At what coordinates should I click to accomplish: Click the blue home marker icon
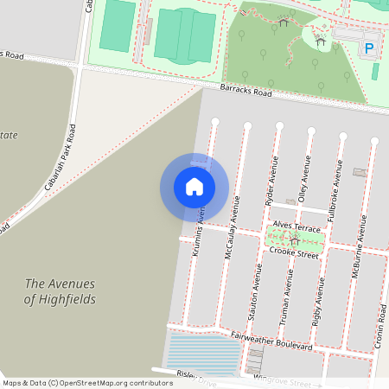pyautogui.click(x=194, y=187)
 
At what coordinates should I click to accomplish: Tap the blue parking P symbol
pyautogui.click(x=370, y=48)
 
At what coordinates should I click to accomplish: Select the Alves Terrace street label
pyautogui.click(x=297, y=225)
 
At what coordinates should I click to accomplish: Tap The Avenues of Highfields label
pyautogui.click(x=60, y=291)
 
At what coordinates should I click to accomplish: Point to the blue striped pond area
pyautogui.click(x=204, y=354)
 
